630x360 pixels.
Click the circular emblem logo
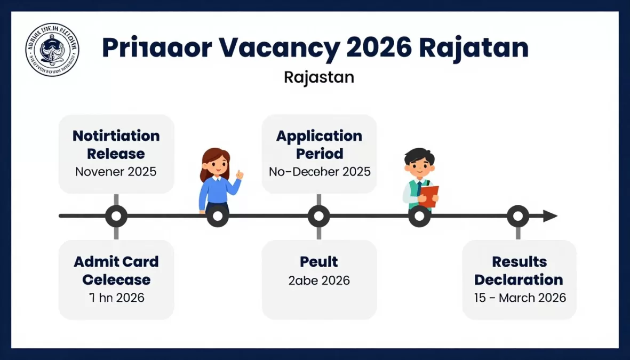[x=52, y=50]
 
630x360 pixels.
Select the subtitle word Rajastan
[x=319, y=77]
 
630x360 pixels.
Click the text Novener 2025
[x=116, y=172]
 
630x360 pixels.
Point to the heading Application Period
[x=319, y=145]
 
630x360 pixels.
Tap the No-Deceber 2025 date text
[x=319, y=172]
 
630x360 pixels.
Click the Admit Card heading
[x=116, y=262]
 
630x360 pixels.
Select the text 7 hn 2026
[x=116, y=297]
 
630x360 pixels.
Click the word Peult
[x=319, y=262]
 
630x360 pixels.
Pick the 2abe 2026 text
[x=319, y=281]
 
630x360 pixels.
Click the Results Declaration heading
[x=519, y=270]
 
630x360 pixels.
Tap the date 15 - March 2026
[x=520, y=298]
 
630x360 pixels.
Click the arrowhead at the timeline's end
[x=550, y=216]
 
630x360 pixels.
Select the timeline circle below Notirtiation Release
[x=116, y=216]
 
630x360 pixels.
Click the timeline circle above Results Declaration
[x=517, y=216]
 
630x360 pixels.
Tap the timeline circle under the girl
[x=218, y=216]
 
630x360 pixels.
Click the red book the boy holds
[x=429, y=195]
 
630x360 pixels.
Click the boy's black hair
[x=419, y=155]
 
